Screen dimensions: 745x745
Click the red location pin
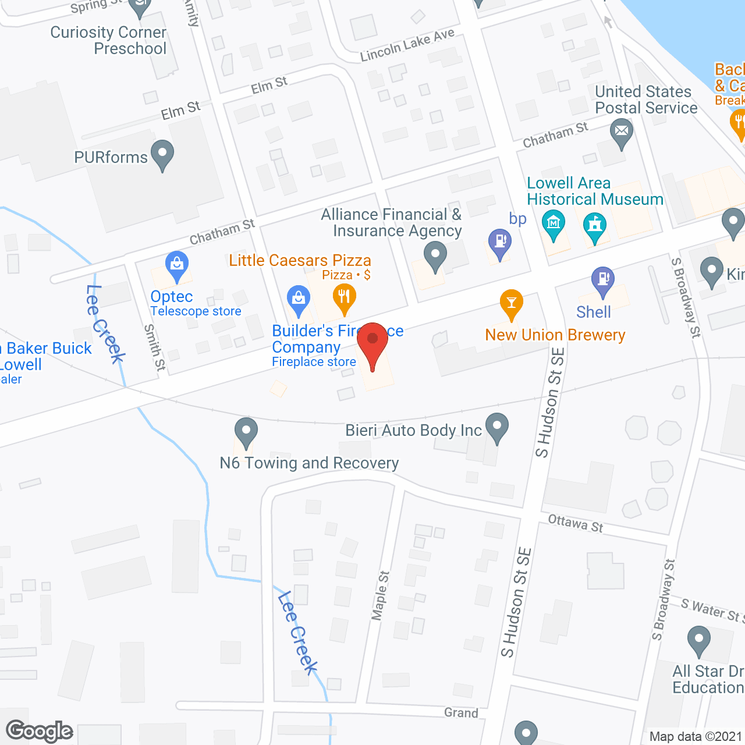pyautogui.click(x=372, y=340)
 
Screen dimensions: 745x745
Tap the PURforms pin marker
pyautogui.click(x=162, y=154)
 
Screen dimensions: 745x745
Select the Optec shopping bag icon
pyautogui.click(x=176, y=265)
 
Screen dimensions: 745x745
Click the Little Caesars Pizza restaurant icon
pyautogui.click(x=345, y=297)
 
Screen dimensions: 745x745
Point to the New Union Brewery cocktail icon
pyautogui.click(x=512, y=303)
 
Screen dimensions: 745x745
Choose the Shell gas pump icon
pyautogui.click(x=603, y=280)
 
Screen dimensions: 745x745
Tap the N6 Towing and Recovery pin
pyautogui.click(x=246, y=432)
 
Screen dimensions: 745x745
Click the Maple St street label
pyautogui.click(x=380, y=595)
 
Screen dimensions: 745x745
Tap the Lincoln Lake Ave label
pyautogui.click(x=407, y=45)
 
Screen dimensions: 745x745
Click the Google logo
pyautogui.click(x=40, y=731)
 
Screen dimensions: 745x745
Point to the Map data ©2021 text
pyautogui.click(x=696, y=736)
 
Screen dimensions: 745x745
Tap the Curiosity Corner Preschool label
pyautogui.click(x=109, y=40)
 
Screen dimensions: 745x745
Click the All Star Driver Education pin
pyautogui.click(x=698, y=640)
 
